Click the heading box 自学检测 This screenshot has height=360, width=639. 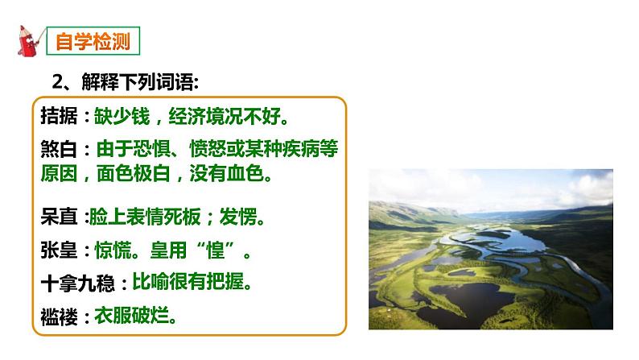[92, 41]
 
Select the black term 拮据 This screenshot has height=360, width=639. [59, 117]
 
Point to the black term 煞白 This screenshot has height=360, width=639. [59, 150]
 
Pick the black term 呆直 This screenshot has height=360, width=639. [59, 217]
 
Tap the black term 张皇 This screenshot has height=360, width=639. [59, 250]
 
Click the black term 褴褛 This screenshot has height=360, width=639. [59, 317]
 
